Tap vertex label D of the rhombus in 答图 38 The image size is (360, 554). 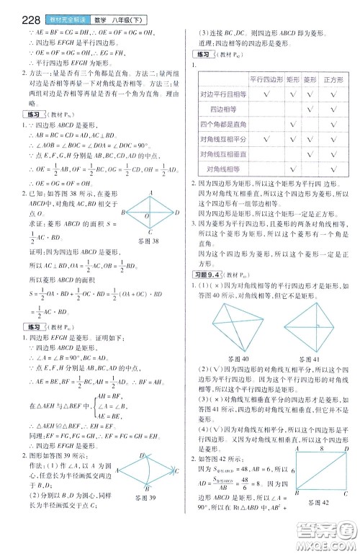tap(177, 213)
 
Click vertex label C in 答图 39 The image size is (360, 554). tap(177, 492)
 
